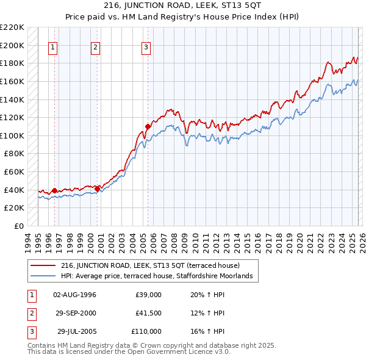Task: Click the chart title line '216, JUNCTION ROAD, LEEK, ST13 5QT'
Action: (182, 7)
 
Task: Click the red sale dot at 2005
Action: (148, 126)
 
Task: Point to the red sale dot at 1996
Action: (55, 190)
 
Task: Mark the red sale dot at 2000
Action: (97, 189)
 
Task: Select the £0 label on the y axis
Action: (18, 226)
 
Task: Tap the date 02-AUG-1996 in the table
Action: (75, 295)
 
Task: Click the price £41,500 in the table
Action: (148, 313)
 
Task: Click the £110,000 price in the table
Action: (146, 331)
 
